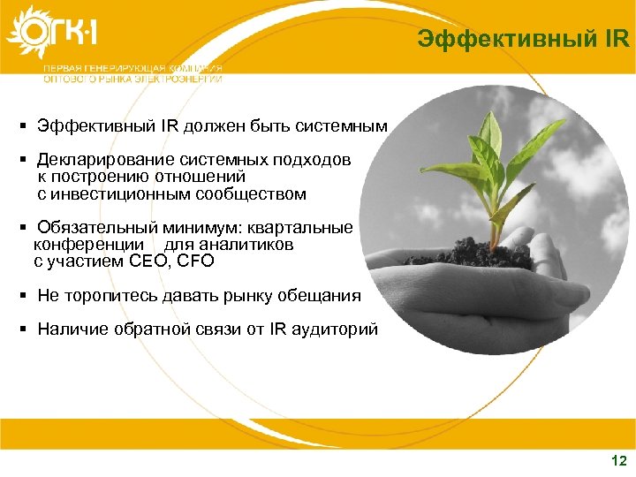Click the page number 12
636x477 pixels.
[x=617, y=460]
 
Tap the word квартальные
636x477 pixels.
[x=308, y=228]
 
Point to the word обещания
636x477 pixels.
[x=317, y=295]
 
